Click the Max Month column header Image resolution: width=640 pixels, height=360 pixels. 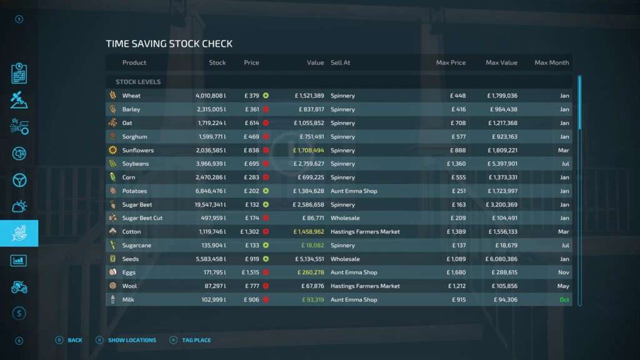click(x=551, y=62)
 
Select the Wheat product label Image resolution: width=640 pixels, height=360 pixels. click(x=131, y=96)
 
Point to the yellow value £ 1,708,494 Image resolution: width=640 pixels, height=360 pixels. click(x=309, y=150)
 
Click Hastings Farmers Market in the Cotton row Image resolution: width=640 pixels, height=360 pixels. click(x=365, y=232)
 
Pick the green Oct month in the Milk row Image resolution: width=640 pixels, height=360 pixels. click(x=564, y=300)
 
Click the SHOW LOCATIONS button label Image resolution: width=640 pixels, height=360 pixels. click(x=132, y=341)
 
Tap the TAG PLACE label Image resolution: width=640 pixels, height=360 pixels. click(x=196, y=341)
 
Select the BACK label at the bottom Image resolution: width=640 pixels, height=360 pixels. click(x=75, y=341)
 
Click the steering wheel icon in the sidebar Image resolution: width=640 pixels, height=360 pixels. click(x=19, y=180)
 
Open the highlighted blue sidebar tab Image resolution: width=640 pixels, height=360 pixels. click(x=19, y=233)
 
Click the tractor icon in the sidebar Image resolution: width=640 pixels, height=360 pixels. click(x=19, y=287)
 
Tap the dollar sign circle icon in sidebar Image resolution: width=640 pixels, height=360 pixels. click(x=19, y=313)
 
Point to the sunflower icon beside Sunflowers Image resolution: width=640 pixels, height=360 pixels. click(x=112, y=150)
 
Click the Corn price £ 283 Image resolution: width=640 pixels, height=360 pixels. click(x=251, y=177)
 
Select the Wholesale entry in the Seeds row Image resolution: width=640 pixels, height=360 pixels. click(x=345, y=259)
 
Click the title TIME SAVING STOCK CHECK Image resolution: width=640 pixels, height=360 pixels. click(x=169, y=44)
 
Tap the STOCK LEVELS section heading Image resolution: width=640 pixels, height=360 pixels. click(x=138, y=82)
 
